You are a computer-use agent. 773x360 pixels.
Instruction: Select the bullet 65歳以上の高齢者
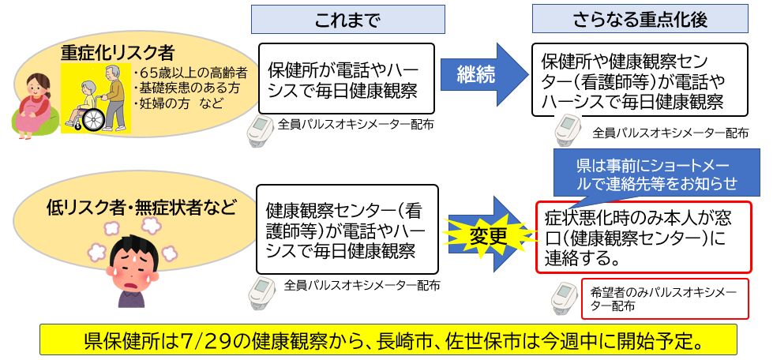tap(191, 73)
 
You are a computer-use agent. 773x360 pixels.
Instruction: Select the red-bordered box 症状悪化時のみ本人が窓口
tap(642, 236)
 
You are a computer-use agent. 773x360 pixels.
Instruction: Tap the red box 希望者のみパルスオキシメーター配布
tap(663, 299)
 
